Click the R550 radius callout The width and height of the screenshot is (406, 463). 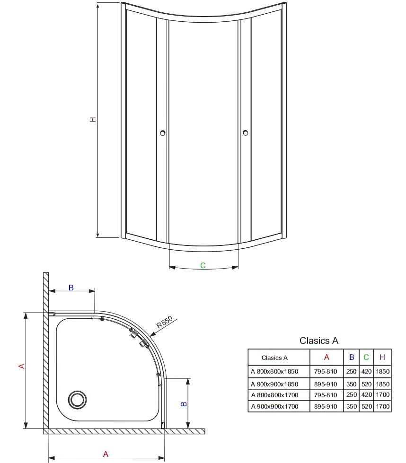[164, 322]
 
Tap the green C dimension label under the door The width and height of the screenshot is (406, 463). [203, 265]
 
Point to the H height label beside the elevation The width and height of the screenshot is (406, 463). [93, 120]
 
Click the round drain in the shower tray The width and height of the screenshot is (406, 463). [78, 400]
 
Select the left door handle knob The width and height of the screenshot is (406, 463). [162, 133]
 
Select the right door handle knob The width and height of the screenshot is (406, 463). [245, 133]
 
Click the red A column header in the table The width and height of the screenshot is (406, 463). [327, 357]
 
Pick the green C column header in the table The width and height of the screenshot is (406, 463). [366, 357]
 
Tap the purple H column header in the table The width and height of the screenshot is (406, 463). [382, 357]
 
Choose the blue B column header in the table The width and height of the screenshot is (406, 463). [351, 357]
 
